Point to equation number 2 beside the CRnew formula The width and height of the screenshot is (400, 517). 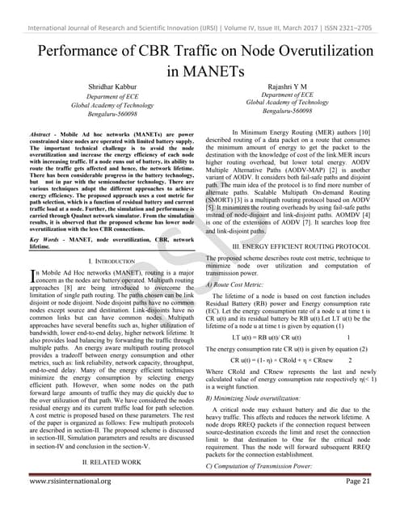click(349, 359)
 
